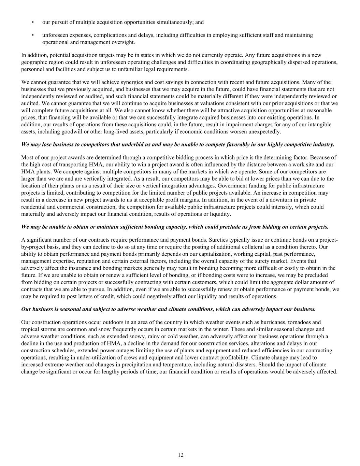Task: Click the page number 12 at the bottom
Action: click(x=181, y=454)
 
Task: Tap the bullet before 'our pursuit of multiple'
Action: click(x=33, y=22)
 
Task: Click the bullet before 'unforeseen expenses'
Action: click(x=33, y=35)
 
